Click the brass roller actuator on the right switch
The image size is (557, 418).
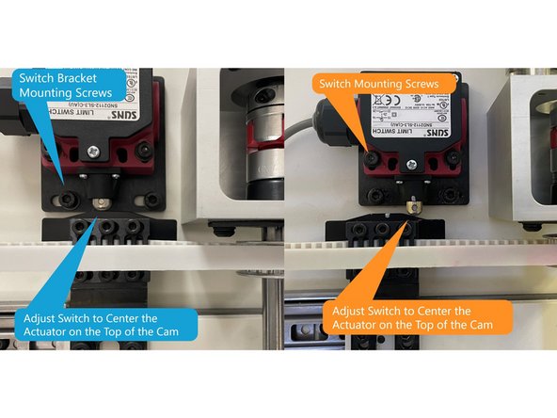point(412,202)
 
